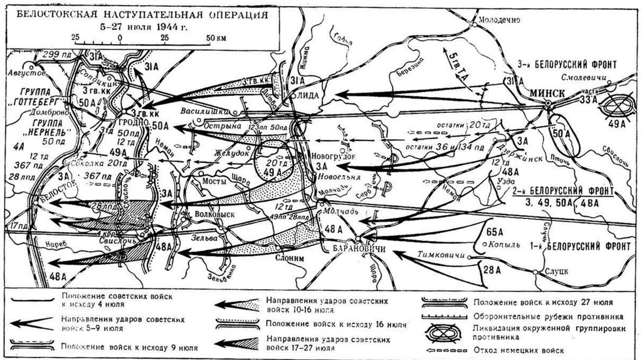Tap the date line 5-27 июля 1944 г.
[x=144, y=27]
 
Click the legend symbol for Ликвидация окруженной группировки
[x=443, y=332]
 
